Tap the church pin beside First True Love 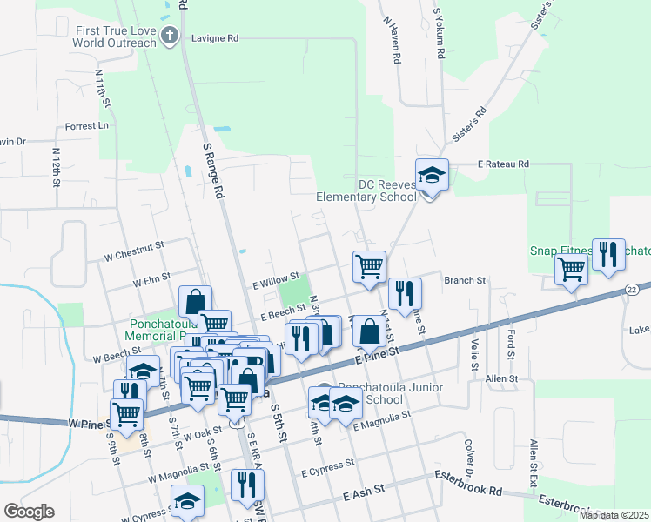(171, 37)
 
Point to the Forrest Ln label (85, 125)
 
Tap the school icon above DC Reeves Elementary (431, 177)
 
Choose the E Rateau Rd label (503, 164)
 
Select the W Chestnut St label (134, 246)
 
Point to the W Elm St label (150, 283)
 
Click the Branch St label (464, 280)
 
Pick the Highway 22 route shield (633, 288)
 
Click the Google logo (29, 511)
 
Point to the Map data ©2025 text (614, 515)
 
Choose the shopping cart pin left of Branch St (369, 266)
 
